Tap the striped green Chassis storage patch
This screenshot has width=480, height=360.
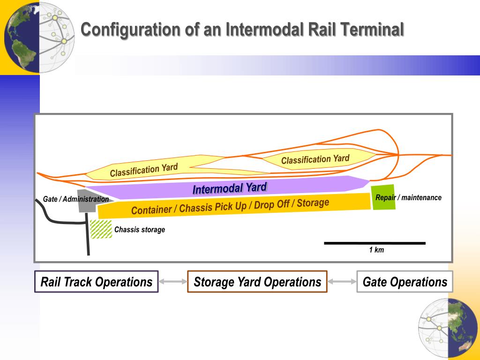coord(101,229)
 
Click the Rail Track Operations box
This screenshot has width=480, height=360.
coord(97,282)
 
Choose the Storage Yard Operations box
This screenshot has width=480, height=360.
coord(257,282)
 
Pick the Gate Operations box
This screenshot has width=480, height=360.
coord(405,282)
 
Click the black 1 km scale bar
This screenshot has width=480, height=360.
coord(375,243)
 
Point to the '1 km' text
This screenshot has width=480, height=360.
coord(376,250)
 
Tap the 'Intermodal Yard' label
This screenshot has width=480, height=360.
coord(230,189)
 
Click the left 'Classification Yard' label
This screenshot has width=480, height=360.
coord(144,171)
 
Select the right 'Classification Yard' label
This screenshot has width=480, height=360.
coord(315,159)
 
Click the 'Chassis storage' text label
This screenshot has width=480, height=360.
coord(140,230)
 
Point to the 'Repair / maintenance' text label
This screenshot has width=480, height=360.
coord(408,197)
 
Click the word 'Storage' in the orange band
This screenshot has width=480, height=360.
coord(313,203)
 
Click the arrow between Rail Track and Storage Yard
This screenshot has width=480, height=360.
coord(173,282)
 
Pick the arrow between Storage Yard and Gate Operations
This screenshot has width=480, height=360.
coord(342,282)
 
